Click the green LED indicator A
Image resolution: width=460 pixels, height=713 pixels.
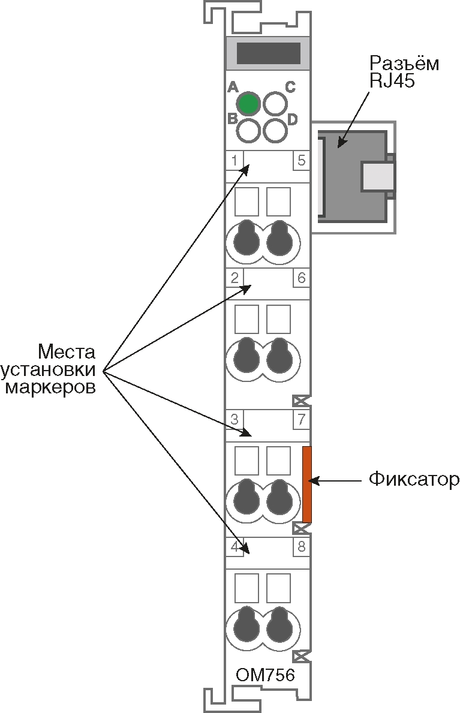248,103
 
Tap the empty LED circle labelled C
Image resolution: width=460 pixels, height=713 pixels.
275,103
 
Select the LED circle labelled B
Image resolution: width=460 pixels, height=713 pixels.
248,129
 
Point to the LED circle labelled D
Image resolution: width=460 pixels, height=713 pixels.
275,130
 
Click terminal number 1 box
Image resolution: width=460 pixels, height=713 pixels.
234,160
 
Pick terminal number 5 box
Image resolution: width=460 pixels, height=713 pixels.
301,160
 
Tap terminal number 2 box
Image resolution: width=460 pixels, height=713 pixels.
234,278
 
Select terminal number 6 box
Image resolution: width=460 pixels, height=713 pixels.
301,278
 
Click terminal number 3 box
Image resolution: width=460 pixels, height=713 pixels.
234,419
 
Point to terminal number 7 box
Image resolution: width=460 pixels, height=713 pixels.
301,419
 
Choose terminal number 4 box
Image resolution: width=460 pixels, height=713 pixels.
234,546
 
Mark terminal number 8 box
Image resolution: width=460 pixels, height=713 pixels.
301,546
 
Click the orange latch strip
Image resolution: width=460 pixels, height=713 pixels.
307,484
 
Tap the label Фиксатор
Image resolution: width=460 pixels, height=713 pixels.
413,479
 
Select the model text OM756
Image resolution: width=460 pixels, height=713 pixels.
265,675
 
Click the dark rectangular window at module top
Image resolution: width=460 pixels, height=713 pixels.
268,53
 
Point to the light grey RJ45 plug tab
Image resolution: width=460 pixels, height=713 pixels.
378,176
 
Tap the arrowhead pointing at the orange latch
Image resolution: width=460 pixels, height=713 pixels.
313,480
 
